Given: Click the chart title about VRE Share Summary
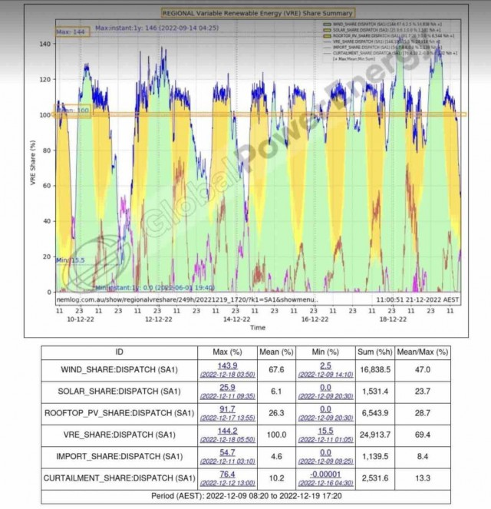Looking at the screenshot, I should [257, 13].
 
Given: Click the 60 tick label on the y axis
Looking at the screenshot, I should [46, 186].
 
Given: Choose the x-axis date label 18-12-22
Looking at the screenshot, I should [393, 318].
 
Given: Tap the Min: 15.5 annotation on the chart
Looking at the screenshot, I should [70, 260].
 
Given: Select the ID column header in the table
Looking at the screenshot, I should [118, 352].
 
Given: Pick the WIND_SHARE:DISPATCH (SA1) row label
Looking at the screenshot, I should [119, 369].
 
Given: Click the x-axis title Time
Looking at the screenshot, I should [258, 328].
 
